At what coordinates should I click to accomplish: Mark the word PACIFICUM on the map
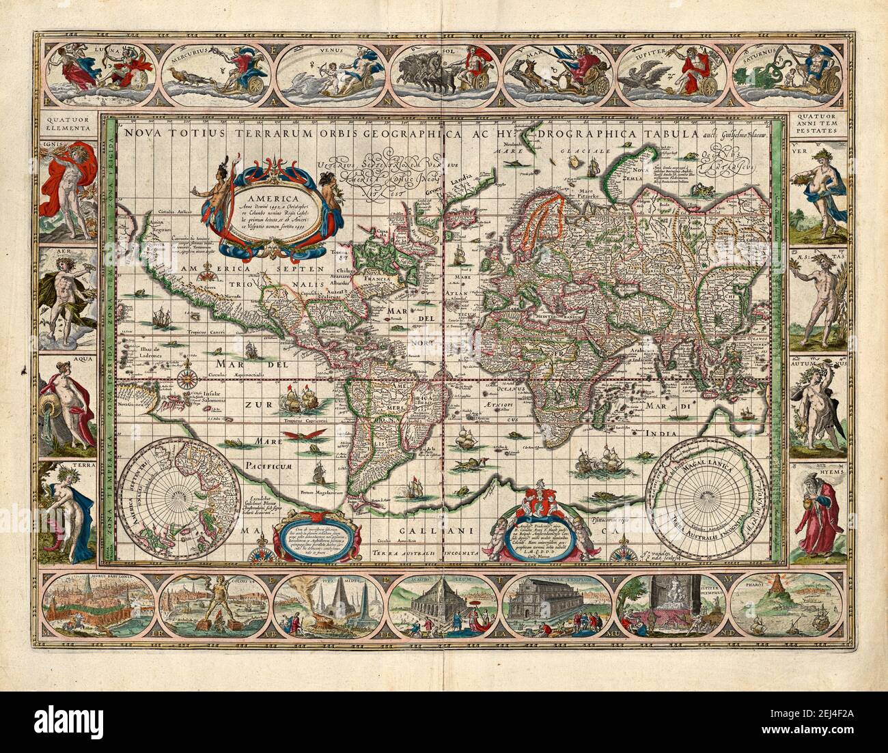tap(272, 466)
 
